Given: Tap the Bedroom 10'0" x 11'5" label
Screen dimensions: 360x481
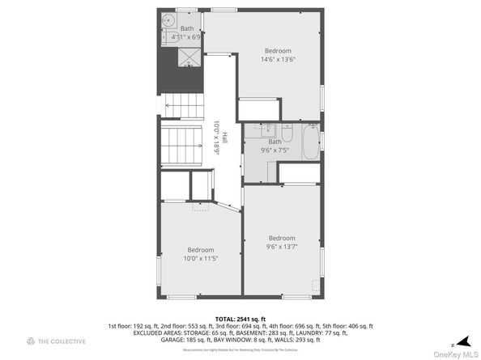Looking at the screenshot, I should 201,254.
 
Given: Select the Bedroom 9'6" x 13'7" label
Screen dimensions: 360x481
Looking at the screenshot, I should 283,242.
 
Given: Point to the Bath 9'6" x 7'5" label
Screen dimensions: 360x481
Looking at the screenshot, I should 275,146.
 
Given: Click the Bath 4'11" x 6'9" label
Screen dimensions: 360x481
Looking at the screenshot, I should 187,33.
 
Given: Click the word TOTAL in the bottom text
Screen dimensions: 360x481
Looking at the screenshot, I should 226,320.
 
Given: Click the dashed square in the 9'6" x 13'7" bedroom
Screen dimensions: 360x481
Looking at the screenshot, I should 316,285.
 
